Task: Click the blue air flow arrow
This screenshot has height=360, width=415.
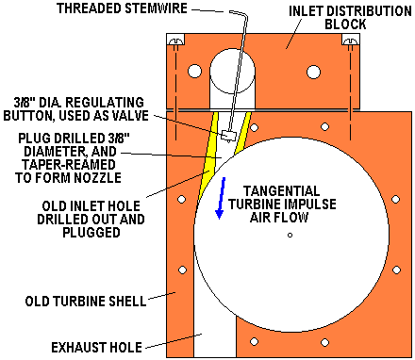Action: (221, 198)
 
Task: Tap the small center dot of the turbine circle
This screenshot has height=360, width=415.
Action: (290, 235)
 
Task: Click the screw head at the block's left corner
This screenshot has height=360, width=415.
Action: (175, 41)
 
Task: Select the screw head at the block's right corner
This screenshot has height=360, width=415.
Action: (351, 41)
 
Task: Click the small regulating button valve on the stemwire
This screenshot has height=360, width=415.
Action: (229, 136)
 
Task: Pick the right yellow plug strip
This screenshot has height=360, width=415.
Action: (242, 133)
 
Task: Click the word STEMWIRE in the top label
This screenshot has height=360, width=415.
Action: (157, 8)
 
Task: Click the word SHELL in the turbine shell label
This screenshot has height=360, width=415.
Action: (127, 302)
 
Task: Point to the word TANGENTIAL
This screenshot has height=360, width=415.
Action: (282, 191)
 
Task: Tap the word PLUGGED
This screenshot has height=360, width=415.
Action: (91, 233)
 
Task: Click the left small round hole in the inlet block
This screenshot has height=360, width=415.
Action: (194, 72)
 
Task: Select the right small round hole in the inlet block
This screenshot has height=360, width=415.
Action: (313, 72)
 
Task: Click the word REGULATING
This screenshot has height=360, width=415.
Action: (105, 103)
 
